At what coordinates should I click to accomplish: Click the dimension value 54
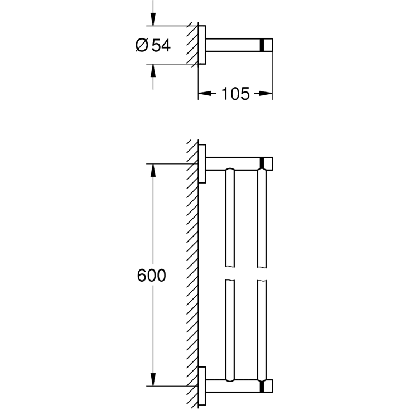[161, 45]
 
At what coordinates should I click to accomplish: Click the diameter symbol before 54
[142, 45]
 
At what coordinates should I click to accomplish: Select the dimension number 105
[235, 94]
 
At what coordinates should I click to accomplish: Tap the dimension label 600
[151, 275]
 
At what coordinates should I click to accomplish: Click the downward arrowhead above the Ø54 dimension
[153, 20]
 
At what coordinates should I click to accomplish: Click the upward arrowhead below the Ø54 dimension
[153, 71]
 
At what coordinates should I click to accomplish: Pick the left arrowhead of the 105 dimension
[205, 93]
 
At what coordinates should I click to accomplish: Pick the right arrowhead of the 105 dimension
[266, 93]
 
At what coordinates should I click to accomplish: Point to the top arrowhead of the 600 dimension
[153, 171]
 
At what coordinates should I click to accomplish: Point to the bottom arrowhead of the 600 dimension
[153, 379]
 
